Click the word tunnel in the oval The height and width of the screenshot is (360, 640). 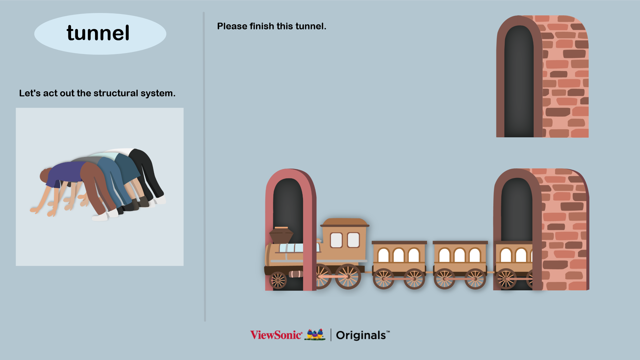point(98,33)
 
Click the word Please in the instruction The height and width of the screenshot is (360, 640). point(232,26)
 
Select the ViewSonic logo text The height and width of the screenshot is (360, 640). point(276,335)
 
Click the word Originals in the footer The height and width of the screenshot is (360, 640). point(361,335)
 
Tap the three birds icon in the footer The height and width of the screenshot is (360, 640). point(315,334)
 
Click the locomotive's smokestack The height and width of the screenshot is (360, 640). point(281,235)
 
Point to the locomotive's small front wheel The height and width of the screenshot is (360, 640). point(278,280)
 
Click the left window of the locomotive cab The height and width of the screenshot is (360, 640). point(336,240)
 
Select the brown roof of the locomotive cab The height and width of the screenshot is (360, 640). point(345,222)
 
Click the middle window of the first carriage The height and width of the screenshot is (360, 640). point(399,255)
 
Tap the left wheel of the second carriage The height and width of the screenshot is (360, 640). point(444,279)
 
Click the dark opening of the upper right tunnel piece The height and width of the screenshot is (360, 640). point(519,83)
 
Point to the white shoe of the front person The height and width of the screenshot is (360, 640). point(100,217)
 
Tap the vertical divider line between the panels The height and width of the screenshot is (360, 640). point(204,167)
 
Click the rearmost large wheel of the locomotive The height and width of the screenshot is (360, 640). point(348,276)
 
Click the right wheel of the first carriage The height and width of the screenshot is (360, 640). point(414,279)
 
